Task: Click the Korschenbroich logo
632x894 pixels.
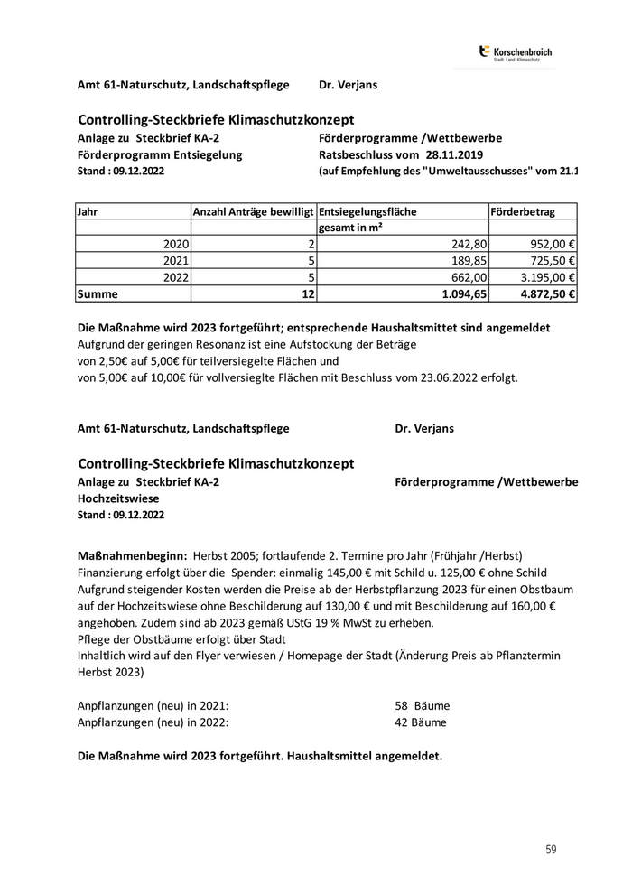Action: point(516,53)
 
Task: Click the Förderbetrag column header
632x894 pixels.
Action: point(523,211)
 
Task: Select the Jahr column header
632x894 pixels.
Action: point(88,211)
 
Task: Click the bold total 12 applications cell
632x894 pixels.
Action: point(307,293)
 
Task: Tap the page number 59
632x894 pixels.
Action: point(551,849)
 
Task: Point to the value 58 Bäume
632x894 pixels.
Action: point(422,705)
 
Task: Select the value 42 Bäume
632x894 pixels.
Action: point(422,722)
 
